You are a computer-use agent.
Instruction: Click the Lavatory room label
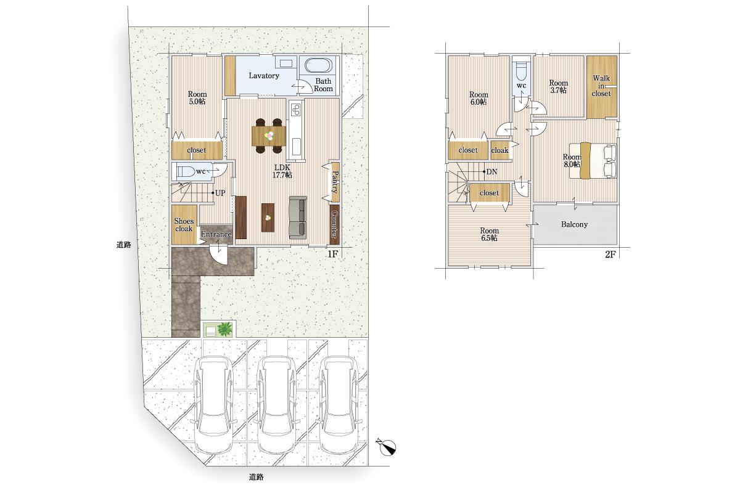(x=264, y=76)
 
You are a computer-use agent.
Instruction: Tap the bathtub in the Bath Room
(x=318, y=65)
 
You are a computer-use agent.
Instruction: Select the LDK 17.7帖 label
(x=282, y=171)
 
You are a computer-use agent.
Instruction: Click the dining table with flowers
(x=269, y=136)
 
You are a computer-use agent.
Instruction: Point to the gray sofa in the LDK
(x=298, y=218)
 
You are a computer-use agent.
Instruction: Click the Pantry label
(x=335, y=182)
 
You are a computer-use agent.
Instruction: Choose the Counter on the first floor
(x=334, y=224)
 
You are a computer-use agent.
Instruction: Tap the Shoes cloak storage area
(x=184, y=224)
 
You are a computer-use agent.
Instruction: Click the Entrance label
(x=216, y=234)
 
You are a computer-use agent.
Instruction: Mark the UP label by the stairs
(x=220, y=193)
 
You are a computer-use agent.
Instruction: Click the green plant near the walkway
(x=224, y=329)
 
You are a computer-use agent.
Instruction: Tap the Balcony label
(x=574, y=224)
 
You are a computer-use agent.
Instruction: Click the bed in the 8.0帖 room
(x=593, y=161)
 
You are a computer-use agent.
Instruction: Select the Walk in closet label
(x=601, y=86)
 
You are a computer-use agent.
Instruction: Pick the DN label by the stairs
(x=491, y=172)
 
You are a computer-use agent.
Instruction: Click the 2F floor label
(x=610, y=255)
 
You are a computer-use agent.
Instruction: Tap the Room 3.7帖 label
(x=558, y=86)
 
